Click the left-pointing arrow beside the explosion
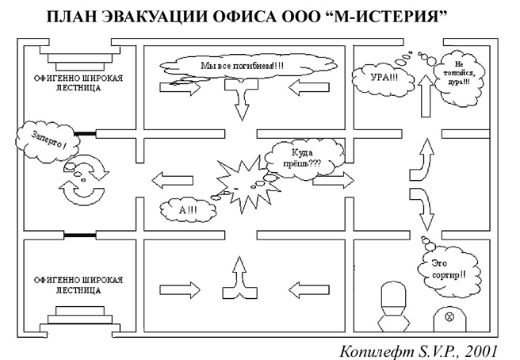click(x=170, y=178)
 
